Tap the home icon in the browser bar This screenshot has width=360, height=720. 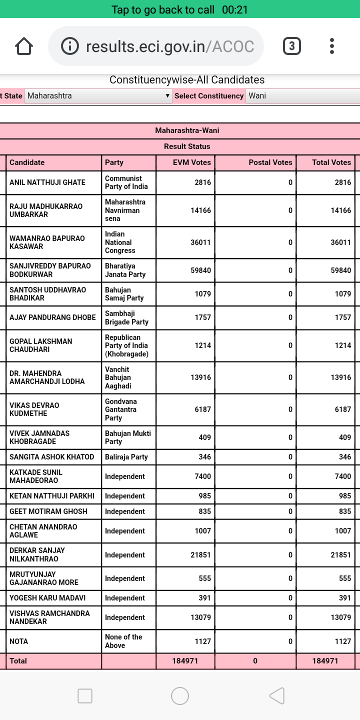[x=24, y=46]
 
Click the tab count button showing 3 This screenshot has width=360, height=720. [x=291, y=46]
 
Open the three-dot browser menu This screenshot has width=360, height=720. [x=331, y=46]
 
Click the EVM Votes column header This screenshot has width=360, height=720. [x=191, y=162]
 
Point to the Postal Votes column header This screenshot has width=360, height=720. [x=270, y=162]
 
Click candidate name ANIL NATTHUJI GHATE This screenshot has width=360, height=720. [x=47, y=182]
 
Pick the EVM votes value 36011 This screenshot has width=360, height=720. [x=200, y=242]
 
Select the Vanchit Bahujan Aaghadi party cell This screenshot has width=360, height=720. [x=118, y=377]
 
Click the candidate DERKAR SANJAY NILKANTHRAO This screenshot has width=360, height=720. [x=37, y=554]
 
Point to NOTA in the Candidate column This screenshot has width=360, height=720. [x=18, y=641]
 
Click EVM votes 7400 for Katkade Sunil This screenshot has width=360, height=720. [x=202, y=476]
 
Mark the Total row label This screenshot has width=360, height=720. [x=18, y=661]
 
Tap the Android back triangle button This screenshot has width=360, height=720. [x=276, y=695]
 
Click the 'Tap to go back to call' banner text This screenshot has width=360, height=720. [x=162, y=9]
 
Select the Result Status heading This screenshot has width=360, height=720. [x=187, y=146]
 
